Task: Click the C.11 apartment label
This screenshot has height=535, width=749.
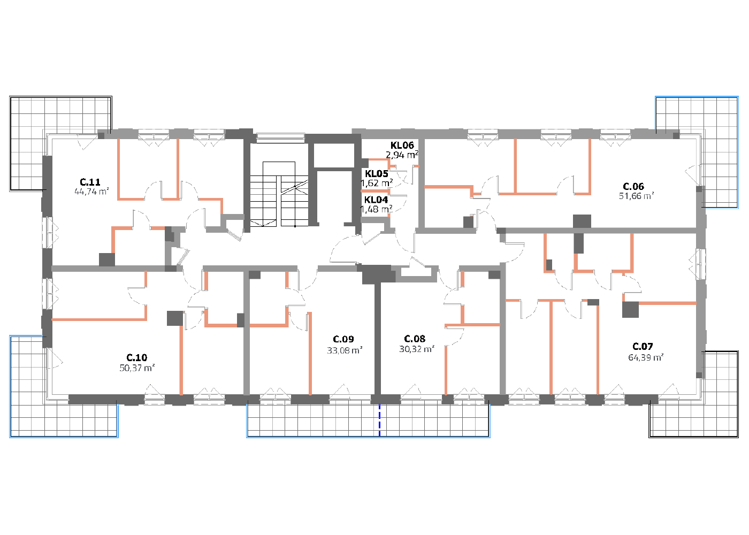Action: pos(90,182)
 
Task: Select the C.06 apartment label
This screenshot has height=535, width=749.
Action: pos(633,186)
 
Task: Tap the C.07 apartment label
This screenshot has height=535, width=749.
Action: pos(643,346)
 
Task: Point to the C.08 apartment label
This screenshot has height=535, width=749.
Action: pos(415,339)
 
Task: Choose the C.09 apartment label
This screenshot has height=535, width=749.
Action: pos(343,339)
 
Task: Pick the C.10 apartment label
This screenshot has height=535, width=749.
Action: pos(137,357)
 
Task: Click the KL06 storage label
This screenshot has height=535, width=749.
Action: pos(402,145)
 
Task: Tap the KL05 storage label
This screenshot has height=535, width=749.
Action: pos(377,173)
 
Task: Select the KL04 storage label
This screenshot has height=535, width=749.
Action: pos(376,200)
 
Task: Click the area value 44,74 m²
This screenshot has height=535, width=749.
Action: pos(91,192)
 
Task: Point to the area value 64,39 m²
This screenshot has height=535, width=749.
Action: pos(646,357)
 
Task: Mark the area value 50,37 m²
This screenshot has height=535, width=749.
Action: pos(137,368)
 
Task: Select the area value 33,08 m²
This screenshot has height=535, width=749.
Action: pos(345,350)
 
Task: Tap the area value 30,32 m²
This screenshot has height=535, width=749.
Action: pos(417,349)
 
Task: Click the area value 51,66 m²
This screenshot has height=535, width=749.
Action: pos(636,196)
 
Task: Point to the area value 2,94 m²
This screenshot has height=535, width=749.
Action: pos(402,155)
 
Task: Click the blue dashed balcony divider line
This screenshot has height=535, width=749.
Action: pos(379,421)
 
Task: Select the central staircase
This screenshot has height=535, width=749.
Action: pos(279,194)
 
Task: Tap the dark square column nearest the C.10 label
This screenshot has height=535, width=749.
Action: pos(175,318)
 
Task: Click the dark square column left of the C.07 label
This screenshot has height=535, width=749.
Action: pos(630,310)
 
